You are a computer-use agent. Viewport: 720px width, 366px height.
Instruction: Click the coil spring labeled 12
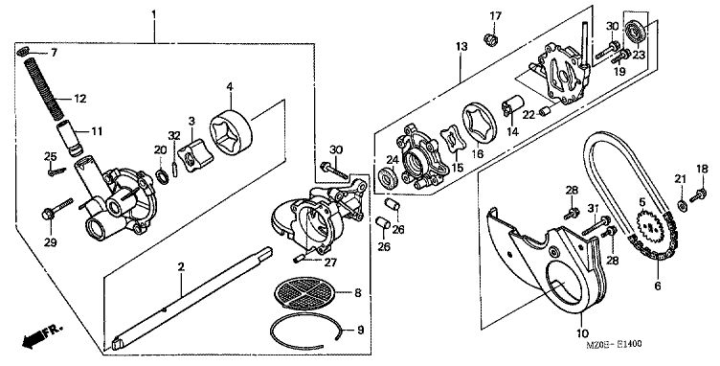44,87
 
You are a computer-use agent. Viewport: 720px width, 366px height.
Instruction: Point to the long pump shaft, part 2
191,298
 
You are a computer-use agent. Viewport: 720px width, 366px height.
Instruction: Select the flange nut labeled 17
491,40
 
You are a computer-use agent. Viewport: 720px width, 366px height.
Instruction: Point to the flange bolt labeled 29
57,208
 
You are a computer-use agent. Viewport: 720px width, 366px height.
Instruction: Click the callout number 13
461,46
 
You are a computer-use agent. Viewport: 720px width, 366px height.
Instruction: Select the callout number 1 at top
154,14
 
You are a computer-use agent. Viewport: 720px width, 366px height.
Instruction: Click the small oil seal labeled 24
389,178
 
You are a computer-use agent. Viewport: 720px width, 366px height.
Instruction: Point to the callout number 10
582,332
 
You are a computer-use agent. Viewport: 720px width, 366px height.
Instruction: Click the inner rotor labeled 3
195,156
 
